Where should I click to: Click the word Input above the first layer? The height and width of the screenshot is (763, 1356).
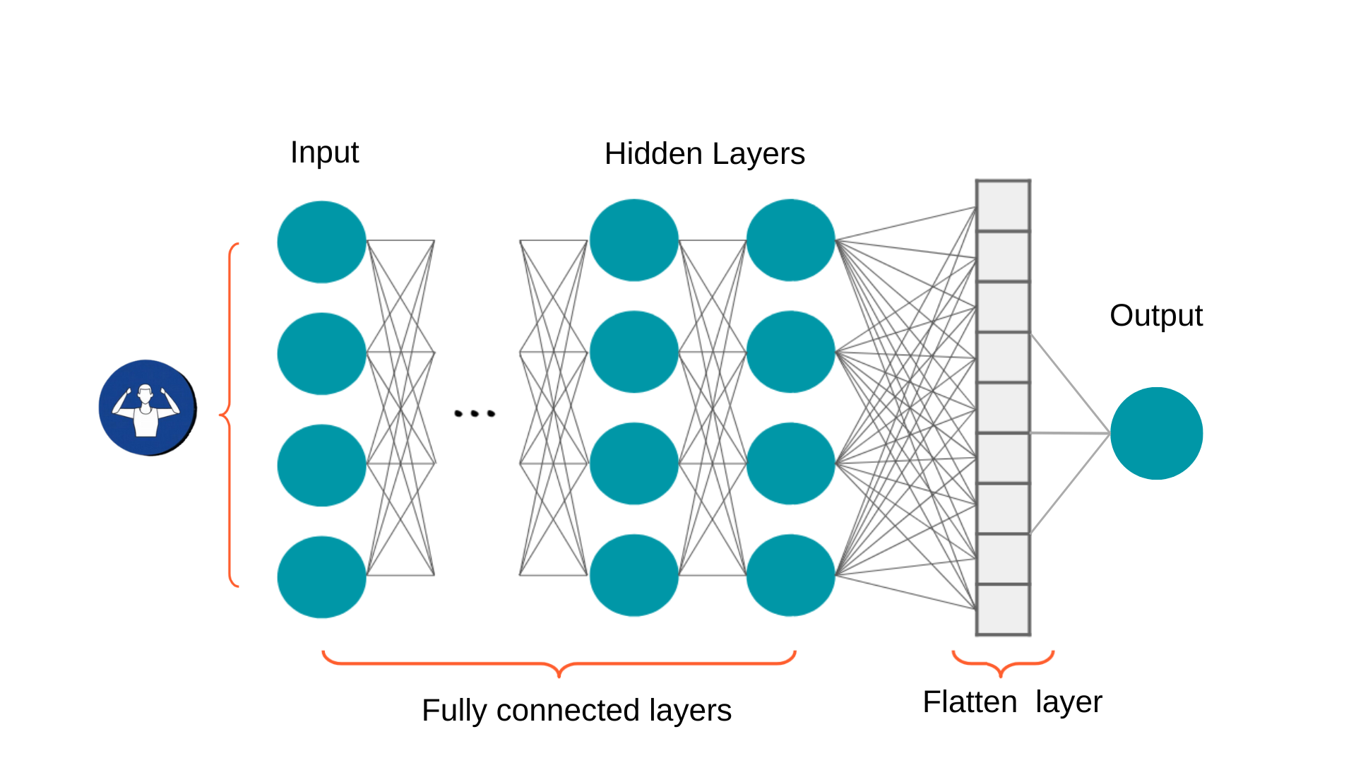(324, 153)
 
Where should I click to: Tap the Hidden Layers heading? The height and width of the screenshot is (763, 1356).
(704, 154)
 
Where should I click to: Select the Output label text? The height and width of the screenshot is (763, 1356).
(1155, 315)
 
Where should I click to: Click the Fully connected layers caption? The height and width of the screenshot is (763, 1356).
(576, 710)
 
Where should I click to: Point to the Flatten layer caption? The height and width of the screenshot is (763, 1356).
(1011, 702)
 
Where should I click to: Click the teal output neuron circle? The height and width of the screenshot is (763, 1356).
(1156, 433)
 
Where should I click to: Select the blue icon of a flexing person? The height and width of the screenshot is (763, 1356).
(147, 408)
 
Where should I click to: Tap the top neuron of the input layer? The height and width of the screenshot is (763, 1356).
(321, 242)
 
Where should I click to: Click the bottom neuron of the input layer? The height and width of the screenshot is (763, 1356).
(321, 576)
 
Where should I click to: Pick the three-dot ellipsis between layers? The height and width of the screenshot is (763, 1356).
(475, 413)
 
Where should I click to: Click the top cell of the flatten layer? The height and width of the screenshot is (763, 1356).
(1003, 206)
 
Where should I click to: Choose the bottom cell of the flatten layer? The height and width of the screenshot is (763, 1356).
(1003, 610)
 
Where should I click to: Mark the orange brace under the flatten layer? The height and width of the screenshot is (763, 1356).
(1002, 663)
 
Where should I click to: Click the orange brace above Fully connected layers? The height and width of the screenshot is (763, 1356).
(559, 664)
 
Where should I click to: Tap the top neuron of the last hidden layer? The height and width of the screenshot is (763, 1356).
(790, 240)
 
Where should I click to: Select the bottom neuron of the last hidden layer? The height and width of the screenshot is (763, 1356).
(790, 575)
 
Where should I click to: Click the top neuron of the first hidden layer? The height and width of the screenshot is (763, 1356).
(634, 240)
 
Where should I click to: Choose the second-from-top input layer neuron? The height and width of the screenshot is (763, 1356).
(321, 353)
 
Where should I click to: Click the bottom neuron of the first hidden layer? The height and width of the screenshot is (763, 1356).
(634, 575)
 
